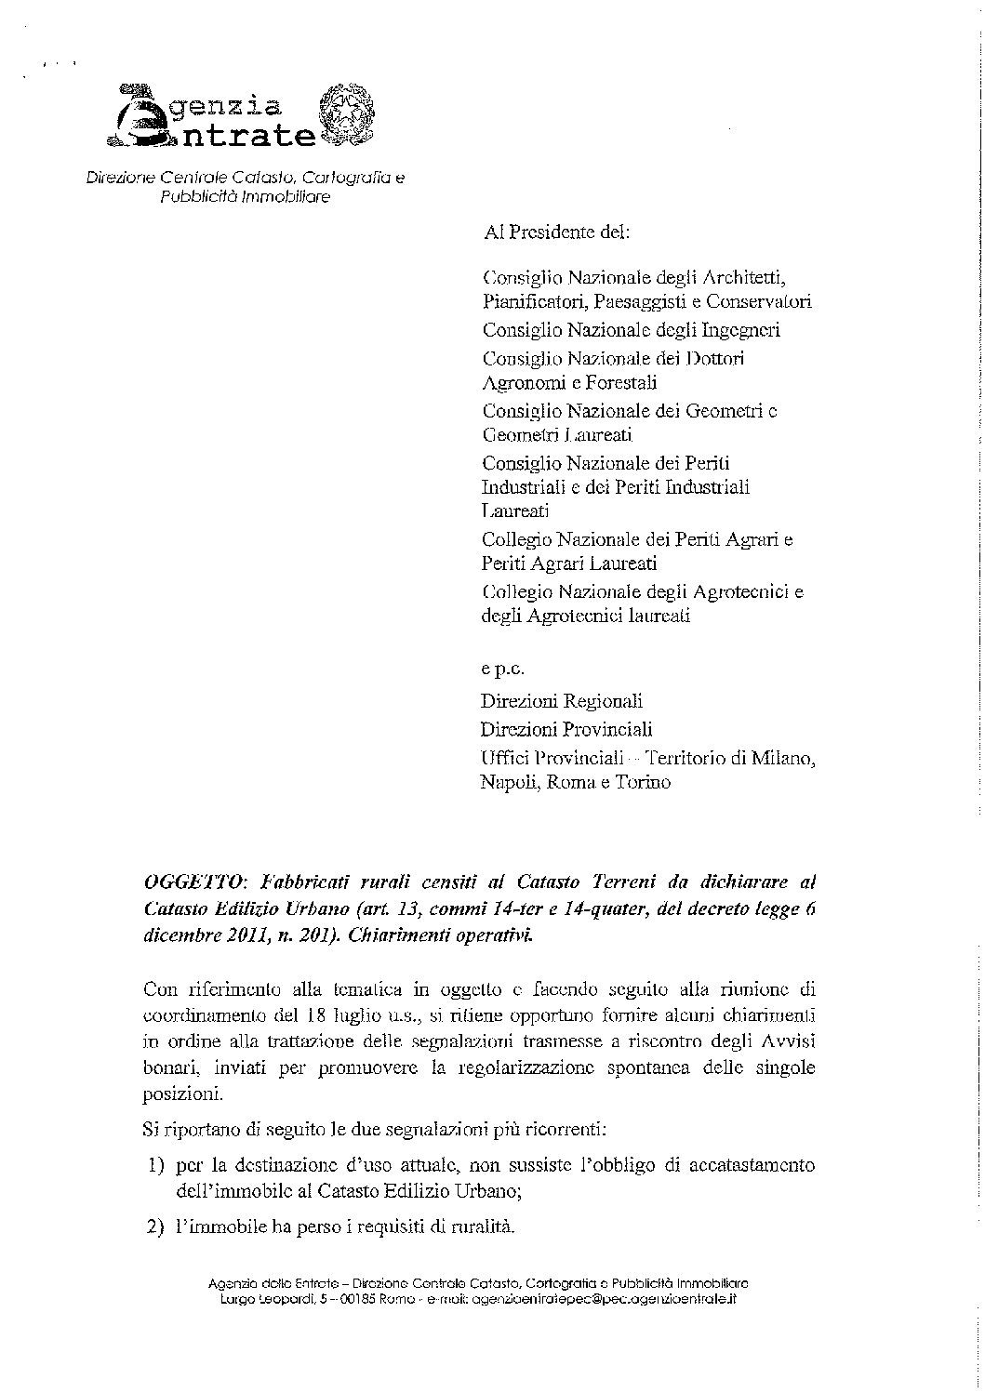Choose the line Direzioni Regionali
[x=561, y=701]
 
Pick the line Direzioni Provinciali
[x=566, y=729]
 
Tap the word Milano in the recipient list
[x=783, y=758]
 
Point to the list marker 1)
[x=155, y=1165]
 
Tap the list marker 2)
[x=155, y=1227]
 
